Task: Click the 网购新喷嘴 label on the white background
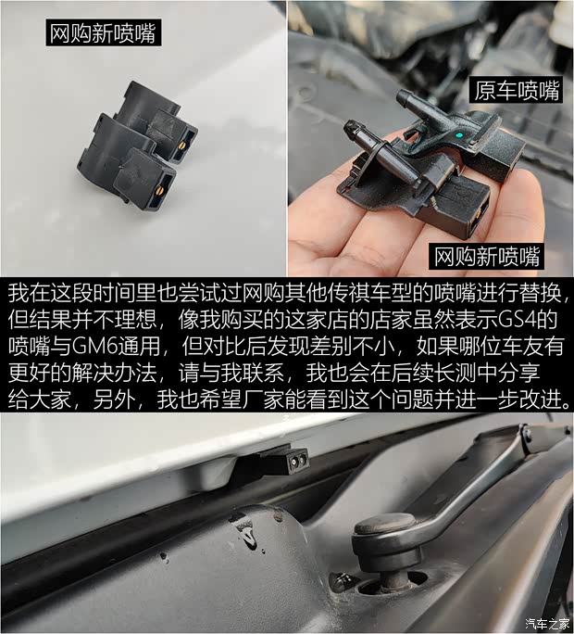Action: click(103, 34)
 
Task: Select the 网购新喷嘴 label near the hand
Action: click(487, 255)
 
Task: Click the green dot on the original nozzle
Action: click(459, 136)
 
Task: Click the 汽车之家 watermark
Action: click(543, 622)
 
